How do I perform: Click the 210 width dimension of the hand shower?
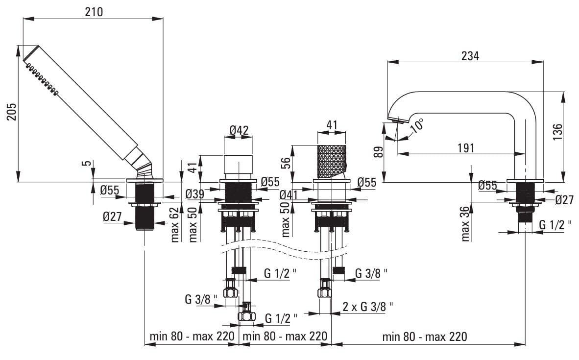coord(94,12)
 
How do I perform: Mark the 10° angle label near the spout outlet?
coord(417,126)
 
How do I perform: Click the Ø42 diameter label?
coord(239,131)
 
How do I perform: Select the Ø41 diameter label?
coord(289,194)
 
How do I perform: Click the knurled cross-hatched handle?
coord(332,162)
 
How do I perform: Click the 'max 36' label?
coord(465,223)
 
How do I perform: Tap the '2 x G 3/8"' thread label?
coord(368,307)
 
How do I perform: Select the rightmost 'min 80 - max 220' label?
coord(425,336)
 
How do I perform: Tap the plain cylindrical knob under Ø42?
coord(238,164)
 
